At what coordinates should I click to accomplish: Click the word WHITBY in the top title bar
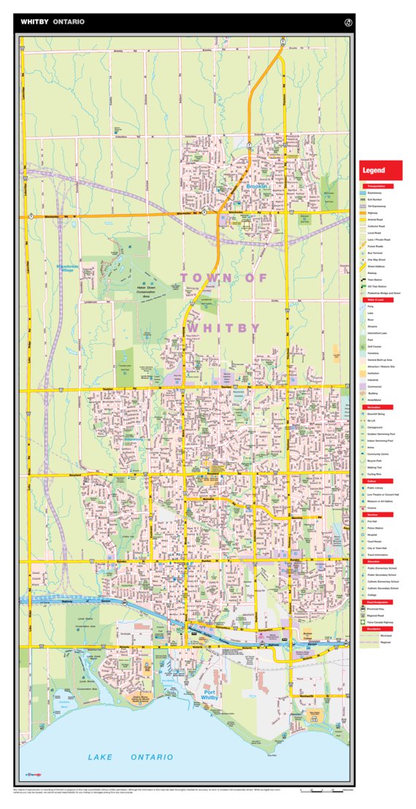coord(35,22)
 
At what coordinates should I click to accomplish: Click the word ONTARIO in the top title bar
coord(69,22)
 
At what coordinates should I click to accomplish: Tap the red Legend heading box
coord(380,170)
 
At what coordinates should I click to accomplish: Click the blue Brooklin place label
coord(257,187)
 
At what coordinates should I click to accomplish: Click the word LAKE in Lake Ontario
coord(101,757)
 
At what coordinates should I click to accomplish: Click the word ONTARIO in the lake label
coord(152,757)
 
